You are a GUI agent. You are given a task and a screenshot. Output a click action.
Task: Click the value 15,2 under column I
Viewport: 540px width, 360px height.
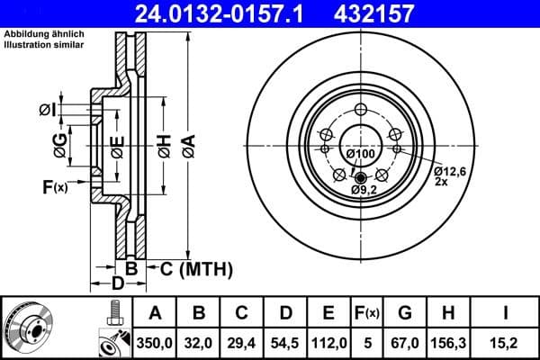tap(507, 341)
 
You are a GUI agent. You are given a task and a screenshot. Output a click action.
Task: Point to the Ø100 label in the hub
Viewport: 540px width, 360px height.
tap(360, 155)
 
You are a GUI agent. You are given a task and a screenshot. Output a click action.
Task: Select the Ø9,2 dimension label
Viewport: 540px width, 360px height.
tap(364, 191)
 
